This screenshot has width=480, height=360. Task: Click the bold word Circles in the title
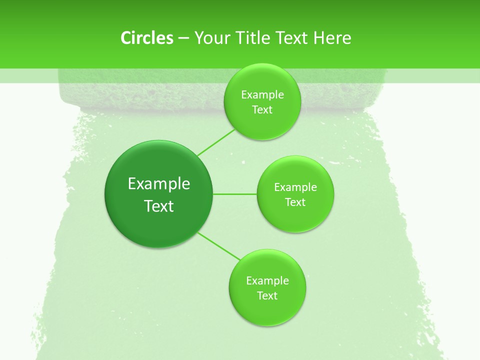[146, 38]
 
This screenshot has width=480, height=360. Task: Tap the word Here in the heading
[332, 38]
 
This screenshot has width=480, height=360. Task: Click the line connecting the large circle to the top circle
[216, 142]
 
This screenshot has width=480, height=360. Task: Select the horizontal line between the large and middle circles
[235, 193]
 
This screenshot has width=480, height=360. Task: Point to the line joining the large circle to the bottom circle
[218, 245]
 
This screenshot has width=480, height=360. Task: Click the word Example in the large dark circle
[159, 184]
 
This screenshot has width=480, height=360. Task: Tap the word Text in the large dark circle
[159, 206]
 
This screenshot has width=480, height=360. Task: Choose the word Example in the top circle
[262, 95]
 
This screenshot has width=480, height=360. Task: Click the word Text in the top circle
[262, 110]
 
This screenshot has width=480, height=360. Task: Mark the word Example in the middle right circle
[295, 187]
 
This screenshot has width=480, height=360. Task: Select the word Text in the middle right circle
[295, 202]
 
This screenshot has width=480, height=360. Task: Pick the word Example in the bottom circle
[267, 281]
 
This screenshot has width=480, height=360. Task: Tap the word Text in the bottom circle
[267, 296]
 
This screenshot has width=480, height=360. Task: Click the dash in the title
[183, 38]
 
